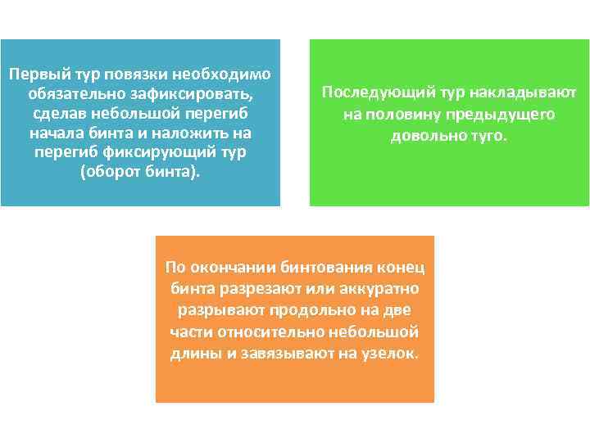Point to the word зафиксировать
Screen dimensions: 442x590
pyautogui.click(x=193, y=93)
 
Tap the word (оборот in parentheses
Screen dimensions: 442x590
pyautogui.click(x=111, y=173)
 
